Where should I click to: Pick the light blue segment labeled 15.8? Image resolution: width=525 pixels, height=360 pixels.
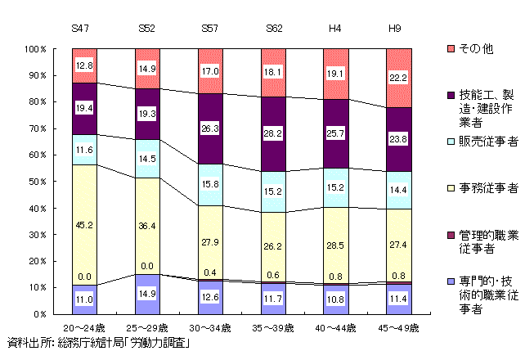(210, 184)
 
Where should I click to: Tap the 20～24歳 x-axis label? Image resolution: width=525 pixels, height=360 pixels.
(84, 327)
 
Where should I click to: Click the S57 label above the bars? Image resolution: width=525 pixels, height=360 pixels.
(209, 29)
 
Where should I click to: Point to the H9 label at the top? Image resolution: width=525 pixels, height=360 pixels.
(397, 29)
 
